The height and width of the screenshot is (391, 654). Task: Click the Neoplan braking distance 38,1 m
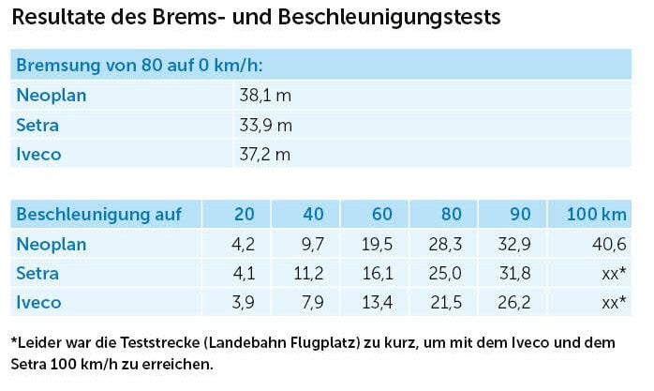click(x=266, y=95)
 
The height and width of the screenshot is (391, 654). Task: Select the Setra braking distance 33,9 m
click(x=266, y=125)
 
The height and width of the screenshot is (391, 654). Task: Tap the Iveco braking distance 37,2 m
click(x=266, y=155)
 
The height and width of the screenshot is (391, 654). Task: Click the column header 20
click(x=244, y=215)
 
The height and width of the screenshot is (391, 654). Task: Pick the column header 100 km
click(x=597, y=215)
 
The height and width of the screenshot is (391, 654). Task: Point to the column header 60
click(x=381, y=215)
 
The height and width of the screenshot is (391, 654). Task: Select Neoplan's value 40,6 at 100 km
click(x=609, y=245)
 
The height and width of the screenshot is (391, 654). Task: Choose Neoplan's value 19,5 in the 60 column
click(x=377, y=245)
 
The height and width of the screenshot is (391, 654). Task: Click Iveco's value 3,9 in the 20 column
click(x=241, y=303)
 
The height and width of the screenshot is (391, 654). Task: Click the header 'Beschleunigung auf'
click(x=99, y=215)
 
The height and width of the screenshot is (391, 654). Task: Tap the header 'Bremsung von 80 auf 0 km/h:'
click(x=140, y=66)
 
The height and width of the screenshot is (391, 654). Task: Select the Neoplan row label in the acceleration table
click(x=52, y=245)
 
